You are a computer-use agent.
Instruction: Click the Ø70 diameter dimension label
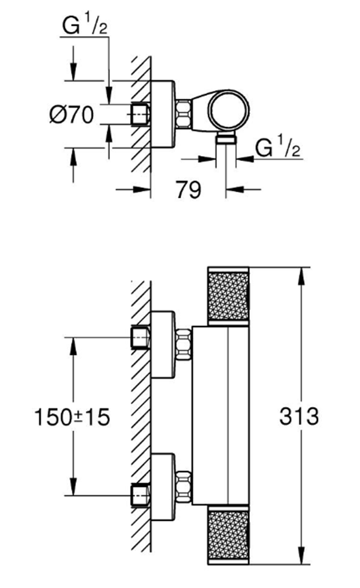[x=72, y=115]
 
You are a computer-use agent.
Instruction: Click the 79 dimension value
[x=188, y=190]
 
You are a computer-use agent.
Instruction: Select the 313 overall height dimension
[x=299, y=416]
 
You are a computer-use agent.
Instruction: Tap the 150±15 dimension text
[x=72, y=417]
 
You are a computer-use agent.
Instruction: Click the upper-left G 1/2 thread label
[x=85, y=25]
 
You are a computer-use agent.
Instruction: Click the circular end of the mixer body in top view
[x=229, y=110]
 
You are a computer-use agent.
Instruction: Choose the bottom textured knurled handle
[x=228, y=536]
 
